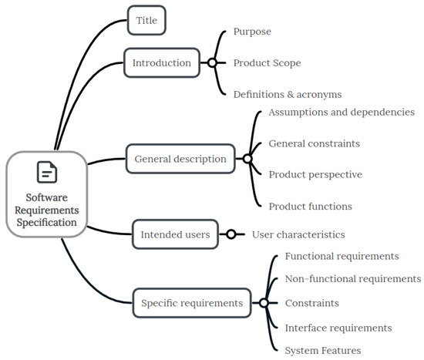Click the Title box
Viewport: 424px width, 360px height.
click(x=146, y=20)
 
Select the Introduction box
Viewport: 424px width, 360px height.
click(x=162, y=62)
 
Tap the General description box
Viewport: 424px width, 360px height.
click(x=180, y=159)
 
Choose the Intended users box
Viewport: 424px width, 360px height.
click(x=175, y=234)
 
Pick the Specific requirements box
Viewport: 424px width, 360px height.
click(x=192, y=303)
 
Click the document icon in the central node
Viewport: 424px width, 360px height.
click(x=46, y=172)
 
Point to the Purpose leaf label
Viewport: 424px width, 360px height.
click(x=252, y=32)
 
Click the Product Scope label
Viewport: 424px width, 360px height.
click(x=267, y=62)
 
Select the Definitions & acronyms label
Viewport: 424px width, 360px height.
click(x=287, y=94)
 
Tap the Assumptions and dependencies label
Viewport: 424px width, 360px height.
click(x=342, y=112)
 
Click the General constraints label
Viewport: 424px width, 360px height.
click(x=314, y=143)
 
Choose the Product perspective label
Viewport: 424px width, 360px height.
click(x=315, y=174)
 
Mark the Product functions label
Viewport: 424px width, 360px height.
click(x=310, y=206)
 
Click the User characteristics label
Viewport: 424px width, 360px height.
click(x=298, y=234)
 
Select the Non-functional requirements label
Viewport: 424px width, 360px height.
click(x=353, y=278)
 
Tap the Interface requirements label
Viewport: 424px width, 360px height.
click(x=338, y=328)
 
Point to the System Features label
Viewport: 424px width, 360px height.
click(x=322, y=351)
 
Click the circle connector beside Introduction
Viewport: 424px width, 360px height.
click(x=211, y=62)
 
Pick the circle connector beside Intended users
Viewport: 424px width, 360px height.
click(x=230, y=234)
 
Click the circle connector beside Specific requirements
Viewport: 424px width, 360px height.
click(x=264, y=303)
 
